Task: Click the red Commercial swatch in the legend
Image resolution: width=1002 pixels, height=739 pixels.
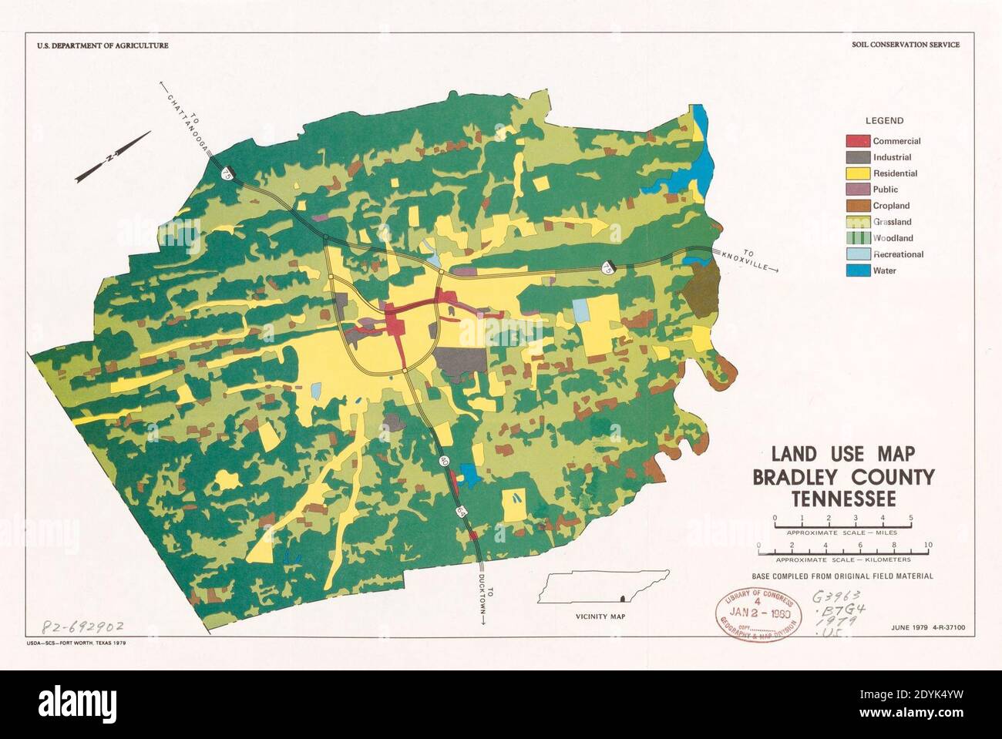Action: [x=858, y=141]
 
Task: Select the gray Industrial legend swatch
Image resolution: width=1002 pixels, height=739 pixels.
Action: [x=858, y=157]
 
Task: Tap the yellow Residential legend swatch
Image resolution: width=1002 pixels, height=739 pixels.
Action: [x=858, y=173]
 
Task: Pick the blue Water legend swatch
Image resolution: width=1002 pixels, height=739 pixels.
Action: [x=858, y=270]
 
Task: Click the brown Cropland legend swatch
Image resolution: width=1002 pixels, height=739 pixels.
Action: [x=858, y=206]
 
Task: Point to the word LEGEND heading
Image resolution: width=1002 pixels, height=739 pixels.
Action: [x=884, y=121]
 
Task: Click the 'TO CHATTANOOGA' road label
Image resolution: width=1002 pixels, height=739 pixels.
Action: [x=185, y=116]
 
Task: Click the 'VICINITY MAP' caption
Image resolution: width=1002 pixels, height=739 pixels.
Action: [x=600, y=617]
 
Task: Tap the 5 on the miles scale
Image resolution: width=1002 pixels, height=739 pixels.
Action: [x=911, y=517]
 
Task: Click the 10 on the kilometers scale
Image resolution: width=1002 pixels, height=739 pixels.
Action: [x=928, y=546]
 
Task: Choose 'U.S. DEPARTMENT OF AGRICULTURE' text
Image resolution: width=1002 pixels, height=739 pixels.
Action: [x=103, y=45]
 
